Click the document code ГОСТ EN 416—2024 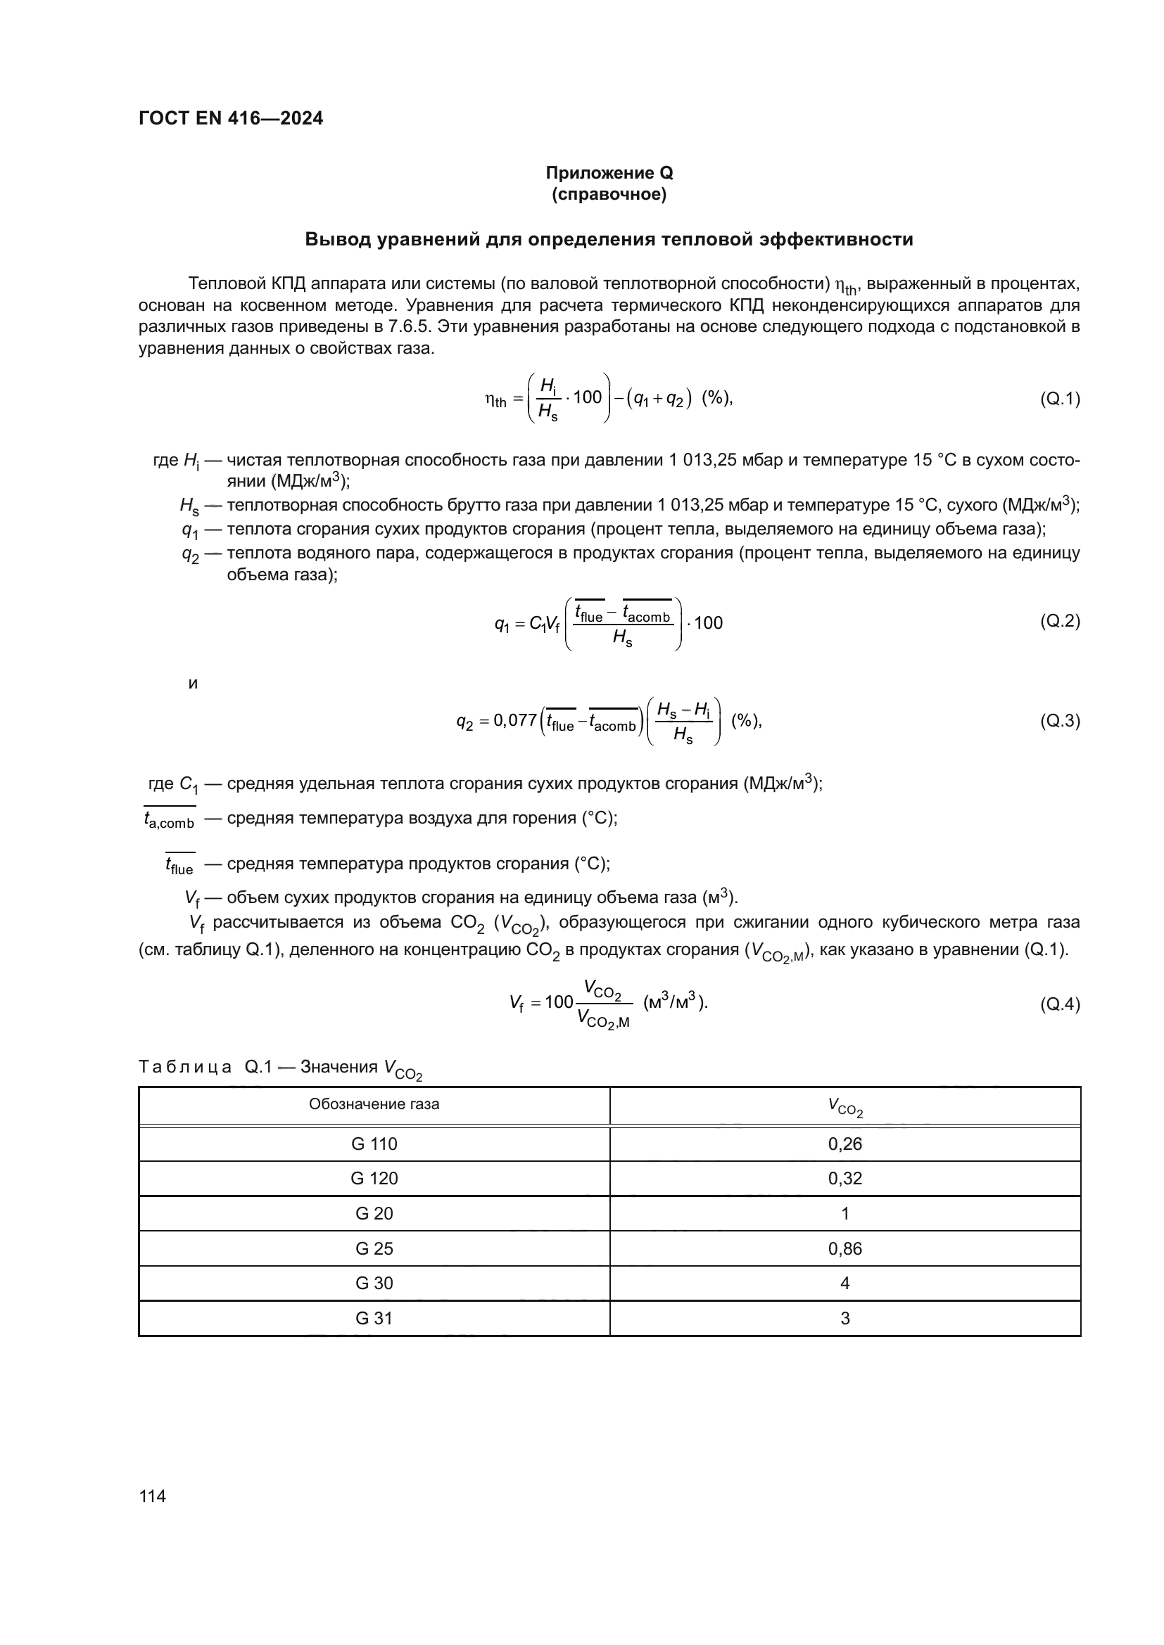pyautogui.click(x=230, y=118)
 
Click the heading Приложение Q pyautogui.click(x=609, y=173)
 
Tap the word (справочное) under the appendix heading pyautogui.click(x=609, y=194)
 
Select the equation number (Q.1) pyautogui.click(x=1059, y=399)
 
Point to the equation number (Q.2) pyautogui.click(x=1059, y=621)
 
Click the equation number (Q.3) pyautogui.click(x=1059, y=721)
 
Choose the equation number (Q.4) pyautogui.click(x=1059, y=1004)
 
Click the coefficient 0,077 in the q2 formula pyautogui.click(x=515, y=721)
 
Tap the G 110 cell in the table pyautogui.click(x=374, y=1144)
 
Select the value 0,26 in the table pyautogui.click(x=845, y=1144)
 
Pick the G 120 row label pyautogui.click(x=374, y=1179)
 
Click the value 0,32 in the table pyautogui.click(x=845, y=1179)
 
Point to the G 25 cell pyautogui.click(x=374, y=1249)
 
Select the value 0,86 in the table pyautogui.click(x=845, y=1249)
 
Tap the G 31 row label pyautogui.click(x=374, y=1318)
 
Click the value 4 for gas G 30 pyautogui.click(x=845, y=1284)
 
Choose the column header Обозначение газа pyautogui.click(x=374, y=1104)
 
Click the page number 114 pyautogui.click(x=153, y=1496)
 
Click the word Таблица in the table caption pyautogui.click(x=185, y=1068)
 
